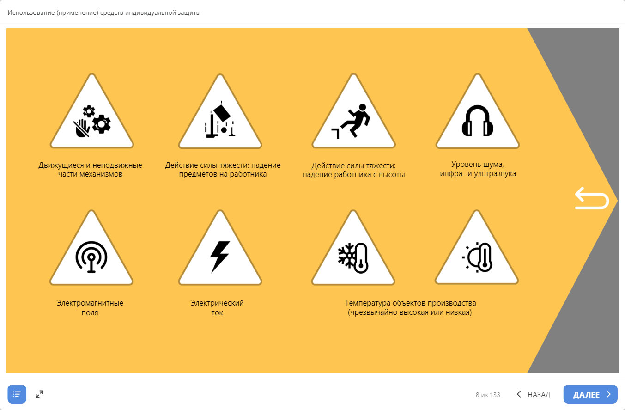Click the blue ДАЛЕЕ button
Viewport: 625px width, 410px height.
pyautogui.click(x=590, y=394)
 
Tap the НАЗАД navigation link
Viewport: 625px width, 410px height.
pyautogui.click(x=533, y=394)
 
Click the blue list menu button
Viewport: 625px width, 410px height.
pyautogui.click(x=17, y=394)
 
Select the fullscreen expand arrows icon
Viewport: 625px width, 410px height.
pyautogui.click(x=40, y=394)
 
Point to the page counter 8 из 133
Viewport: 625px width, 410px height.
pyautogui.click(x=488, y=395)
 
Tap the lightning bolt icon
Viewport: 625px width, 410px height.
pyautogui.click(x=220, y=257)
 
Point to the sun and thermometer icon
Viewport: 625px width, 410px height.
pyautogui.click(x=477, y=257)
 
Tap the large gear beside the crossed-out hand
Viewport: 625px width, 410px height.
pyautogui.click(x=101, y=124)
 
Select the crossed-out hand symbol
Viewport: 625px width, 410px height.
pyautogui.click(x=81, y=128)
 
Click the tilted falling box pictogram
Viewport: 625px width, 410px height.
pyautogui.click(x=222, y=113)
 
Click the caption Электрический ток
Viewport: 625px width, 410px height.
pyautogui.click(x=217, y=307)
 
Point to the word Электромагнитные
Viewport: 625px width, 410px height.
pyautogui.click(x=90, y=303)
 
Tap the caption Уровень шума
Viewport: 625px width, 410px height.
pyautogui.click(x=477, y=165)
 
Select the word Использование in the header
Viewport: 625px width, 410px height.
pyautogui.click(x=31, y=12)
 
